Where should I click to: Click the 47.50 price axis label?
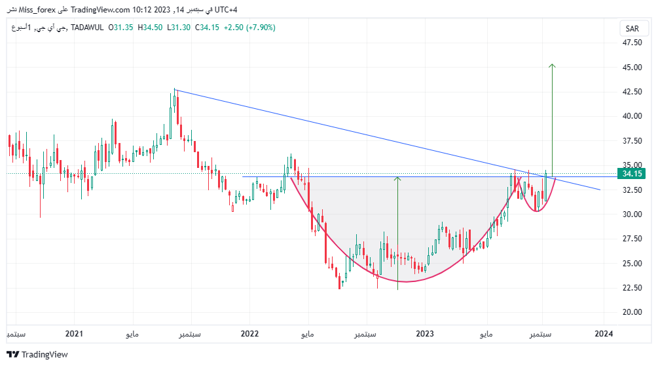[x=632, y=43]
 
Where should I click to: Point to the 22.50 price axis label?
[x=632, y=288]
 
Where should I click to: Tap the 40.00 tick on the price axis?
[x=632, y=116]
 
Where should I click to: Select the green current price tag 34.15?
[x=632, y=174]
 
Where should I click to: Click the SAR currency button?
[x=632, y=29]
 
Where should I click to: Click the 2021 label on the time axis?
[x=74, y=334]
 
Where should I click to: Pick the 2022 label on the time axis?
[x=249, y=334]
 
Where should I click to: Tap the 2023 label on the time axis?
[x=425, y=334]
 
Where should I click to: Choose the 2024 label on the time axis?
[x=604, y=334]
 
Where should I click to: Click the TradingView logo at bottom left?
[x=37, y=354]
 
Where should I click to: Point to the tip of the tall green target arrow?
[x=552, y=64]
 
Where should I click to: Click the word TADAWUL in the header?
[x=87, y=28]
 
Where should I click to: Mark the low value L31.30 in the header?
[x=178, y=28]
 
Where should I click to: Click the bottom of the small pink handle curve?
[x=537, y=211]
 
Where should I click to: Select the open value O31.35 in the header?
[x=120, y=28]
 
